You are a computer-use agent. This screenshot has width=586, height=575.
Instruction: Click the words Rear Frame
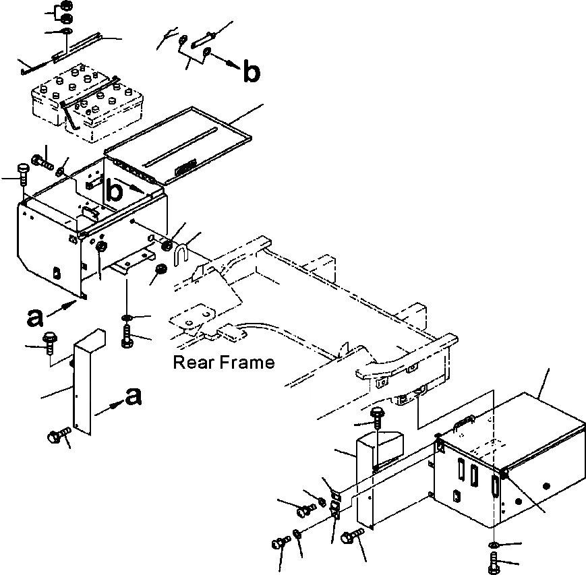(224, 363)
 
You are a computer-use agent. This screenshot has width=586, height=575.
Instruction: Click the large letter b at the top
(250, 73)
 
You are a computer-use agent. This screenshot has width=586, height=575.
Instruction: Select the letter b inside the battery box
(116, 192)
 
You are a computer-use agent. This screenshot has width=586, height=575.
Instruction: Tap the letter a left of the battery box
(37, 316)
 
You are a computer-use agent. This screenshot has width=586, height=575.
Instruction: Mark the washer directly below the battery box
(127, 317)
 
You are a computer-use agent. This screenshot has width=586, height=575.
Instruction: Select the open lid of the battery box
(182, 145)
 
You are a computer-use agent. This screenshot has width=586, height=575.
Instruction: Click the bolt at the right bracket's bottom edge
(350, 537)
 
